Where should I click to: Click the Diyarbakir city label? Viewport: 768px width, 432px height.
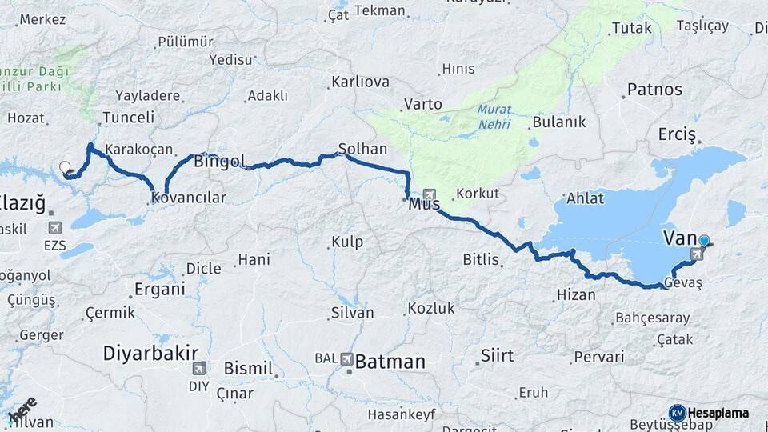coord(150,353)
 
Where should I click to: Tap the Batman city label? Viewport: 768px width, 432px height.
coord(390,362)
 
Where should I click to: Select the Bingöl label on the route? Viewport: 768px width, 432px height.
coord(219,161)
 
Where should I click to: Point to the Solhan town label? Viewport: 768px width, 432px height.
coord(362,149)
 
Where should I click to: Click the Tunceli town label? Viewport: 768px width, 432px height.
coord(128,118)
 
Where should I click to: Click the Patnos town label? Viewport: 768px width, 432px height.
coord(654,89)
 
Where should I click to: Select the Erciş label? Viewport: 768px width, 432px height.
coord(678,134)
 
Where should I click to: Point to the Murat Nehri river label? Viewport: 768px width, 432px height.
coord(494,117)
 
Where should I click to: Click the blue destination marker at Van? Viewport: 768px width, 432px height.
coord(704,241)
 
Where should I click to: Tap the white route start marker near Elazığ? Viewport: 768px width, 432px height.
coord(65,167)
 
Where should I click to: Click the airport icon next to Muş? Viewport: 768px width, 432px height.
coord(430,194)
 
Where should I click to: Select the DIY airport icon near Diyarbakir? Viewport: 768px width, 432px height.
coord(199,368)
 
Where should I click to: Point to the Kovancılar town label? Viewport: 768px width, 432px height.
coord(190,198)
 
